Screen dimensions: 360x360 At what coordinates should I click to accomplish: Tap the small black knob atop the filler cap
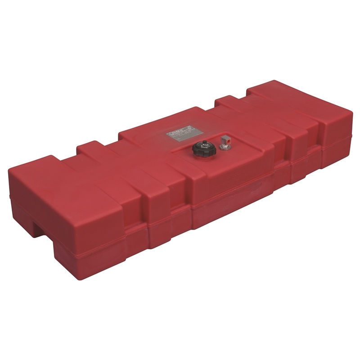click(x=201, y=144)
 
